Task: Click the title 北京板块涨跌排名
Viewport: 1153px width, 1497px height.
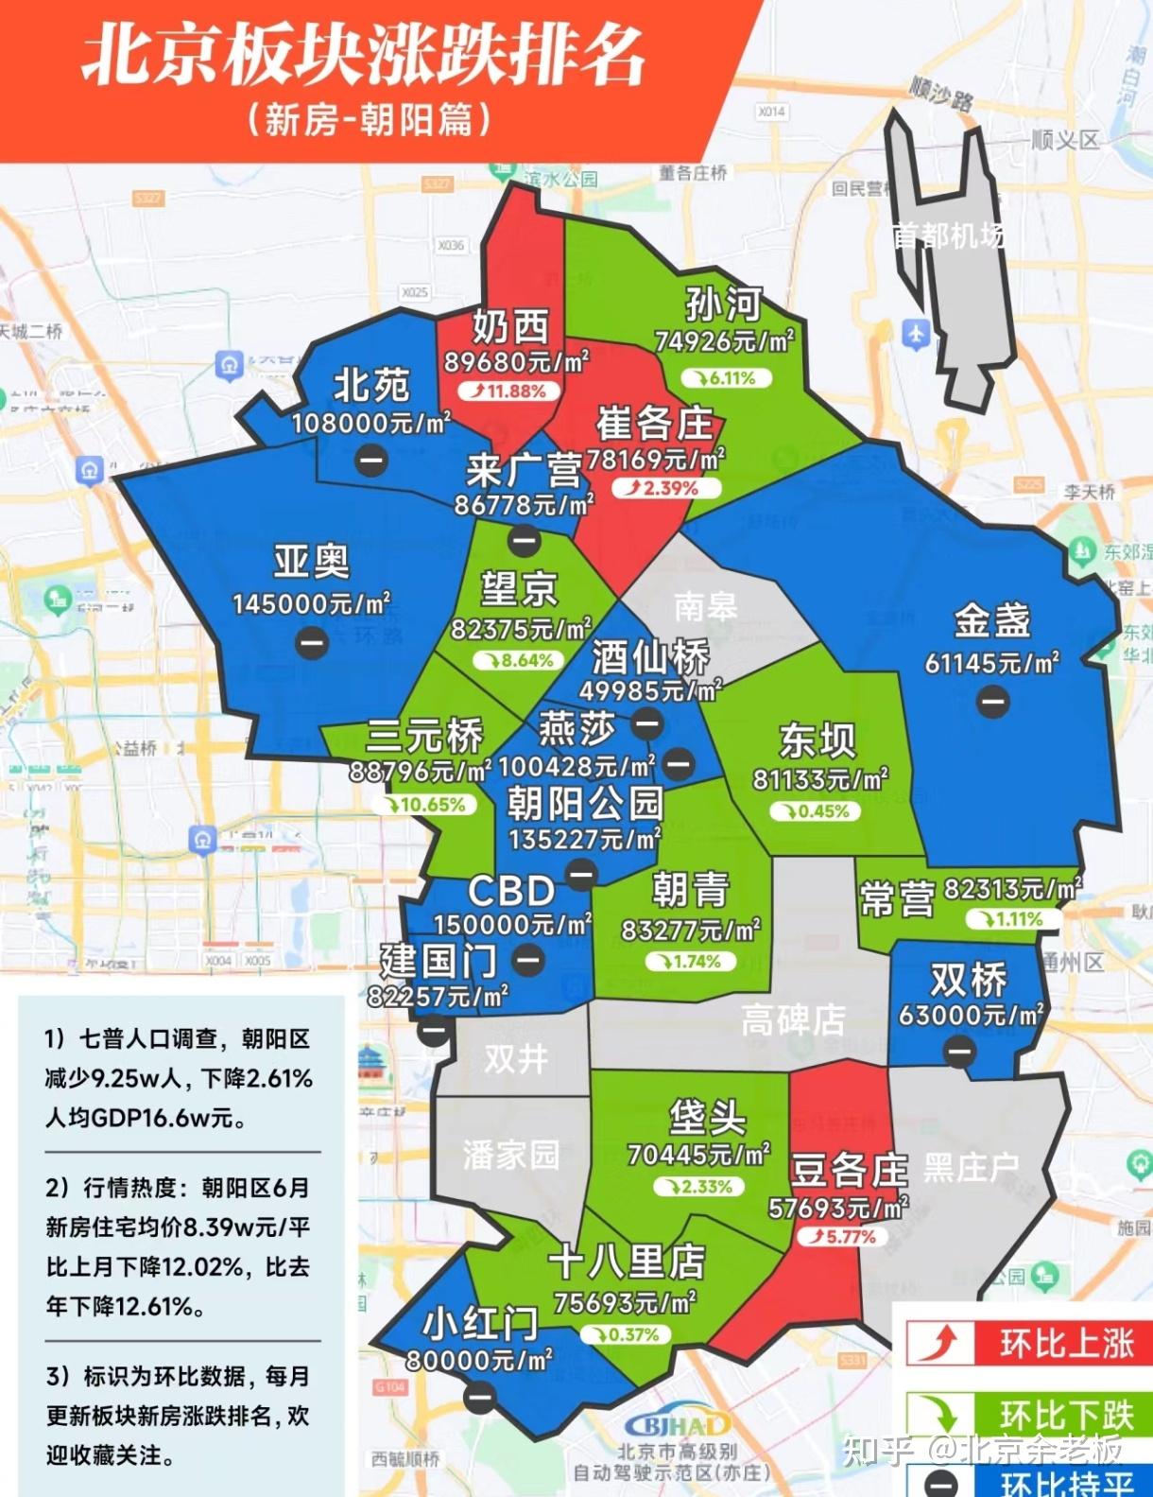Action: pyautogui.click(x=364, y=54)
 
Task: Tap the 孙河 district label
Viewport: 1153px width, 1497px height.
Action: pyautogui.click(x=723, y=305)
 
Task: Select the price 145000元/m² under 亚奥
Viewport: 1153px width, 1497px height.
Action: pyautogui.click(x=311, y=603)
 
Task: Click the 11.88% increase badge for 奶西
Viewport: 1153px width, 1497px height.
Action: pyautogui.click(x=509, y=391)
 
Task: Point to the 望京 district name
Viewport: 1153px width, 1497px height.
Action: pyautogui.click(x=519, y=589)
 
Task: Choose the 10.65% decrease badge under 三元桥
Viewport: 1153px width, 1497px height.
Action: pyautogui.click(x=423, y=805)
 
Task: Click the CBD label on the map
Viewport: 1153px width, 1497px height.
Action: pyautogui.click(x=511, y=891)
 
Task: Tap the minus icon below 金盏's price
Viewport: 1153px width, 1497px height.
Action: pyautogui.click(x=992, y=702)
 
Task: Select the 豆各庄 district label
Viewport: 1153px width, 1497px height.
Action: pyautogui.click(x=849, y=1171)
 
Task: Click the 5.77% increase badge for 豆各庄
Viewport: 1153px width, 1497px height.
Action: pyautogui.click(x=841, y=1236)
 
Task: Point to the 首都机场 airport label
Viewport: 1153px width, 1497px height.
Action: pyautogui.click(x=948, y=235)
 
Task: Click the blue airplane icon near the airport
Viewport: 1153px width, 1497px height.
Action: pyautogui.click(x=915, y=333)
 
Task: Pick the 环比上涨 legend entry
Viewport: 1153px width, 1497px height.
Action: pyautogui.click(x=1024, y=1343)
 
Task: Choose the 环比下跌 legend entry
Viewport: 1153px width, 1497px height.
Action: pyautogui.click(x=1024, y=1415)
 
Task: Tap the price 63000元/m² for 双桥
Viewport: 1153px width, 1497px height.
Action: pyautogui.click(x=971, y=1015)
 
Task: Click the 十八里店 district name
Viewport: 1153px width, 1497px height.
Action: pyautogui.click(x=628, y=1262)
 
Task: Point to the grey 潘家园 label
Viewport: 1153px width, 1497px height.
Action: pyautogui.click(x=510, y=1154)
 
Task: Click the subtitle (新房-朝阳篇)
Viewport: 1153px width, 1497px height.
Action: pyautogui.click(x=369, y=120)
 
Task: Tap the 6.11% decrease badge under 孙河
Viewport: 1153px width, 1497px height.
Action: pyautogui.click(x=725, y=378)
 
